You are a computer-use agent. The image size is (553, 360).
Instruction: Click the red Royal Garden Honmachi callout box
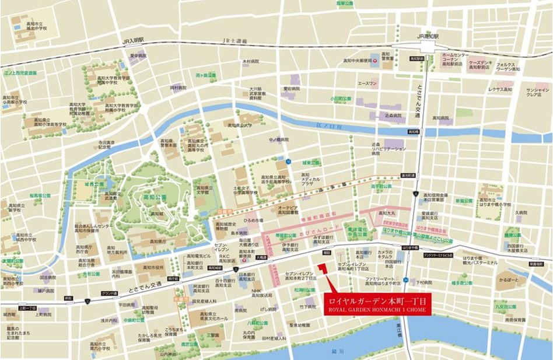[377, 304]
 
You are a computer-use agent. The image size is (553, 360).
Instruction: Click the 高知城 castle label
[156, 214]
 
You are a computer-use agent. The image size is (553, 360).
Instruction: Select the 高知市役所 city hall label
[153, 267]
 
